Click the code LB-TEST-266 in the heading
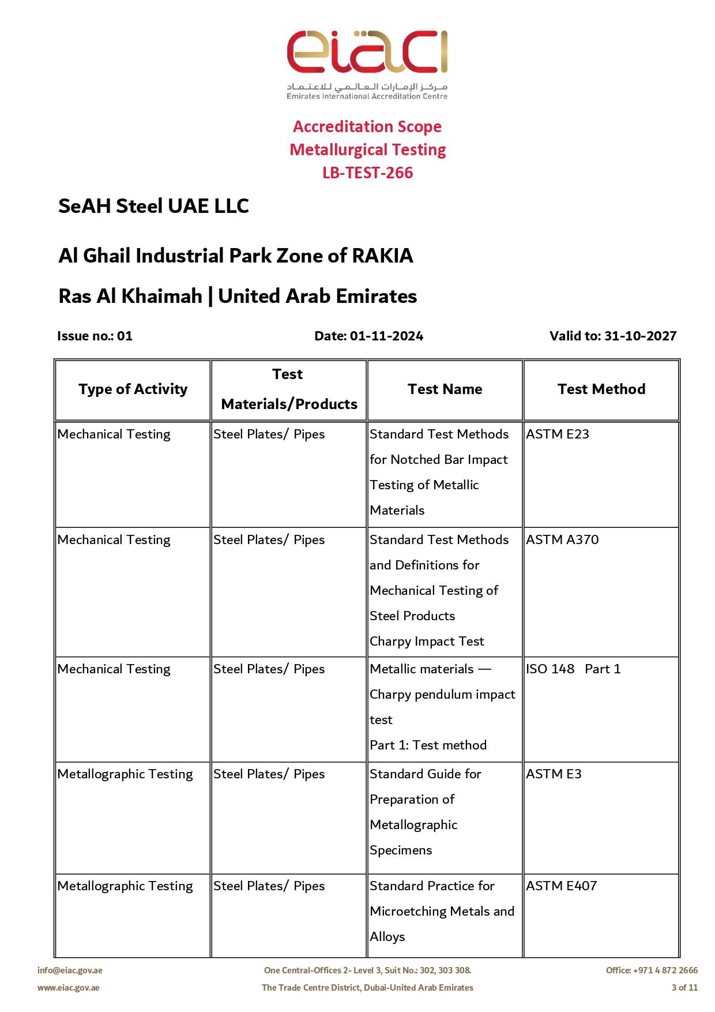[x=367, y=173]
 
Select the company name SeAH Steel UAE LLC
[x=153, y=206]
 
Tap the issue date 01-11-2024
[x=386, y=336]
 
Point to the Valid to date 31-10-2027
[x=640, y=336]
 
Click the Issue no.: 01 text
[x=95, y=336]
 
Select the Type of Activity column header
[x=133, y=389]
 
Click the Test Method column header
[x=601, y=389]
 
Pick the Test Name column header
[x=445, y=389]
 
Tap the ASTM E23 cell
[x=558, y=434]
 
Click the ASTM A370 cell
[x=562, y=539]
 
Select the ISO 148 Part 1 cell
[x=573, y=669]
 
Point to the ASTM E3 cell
[x=554, y=774]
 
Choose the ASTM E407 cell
[x=562, y=886]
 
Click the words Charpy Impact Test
[x=427, y=641]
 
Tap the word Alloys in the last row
[x=387, y=936]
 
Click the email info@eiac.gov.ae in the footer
[x=70, y=970]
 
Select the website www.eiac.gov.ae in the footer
[x=69, y=988]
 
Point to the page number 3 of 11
[x=684, y=988]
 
